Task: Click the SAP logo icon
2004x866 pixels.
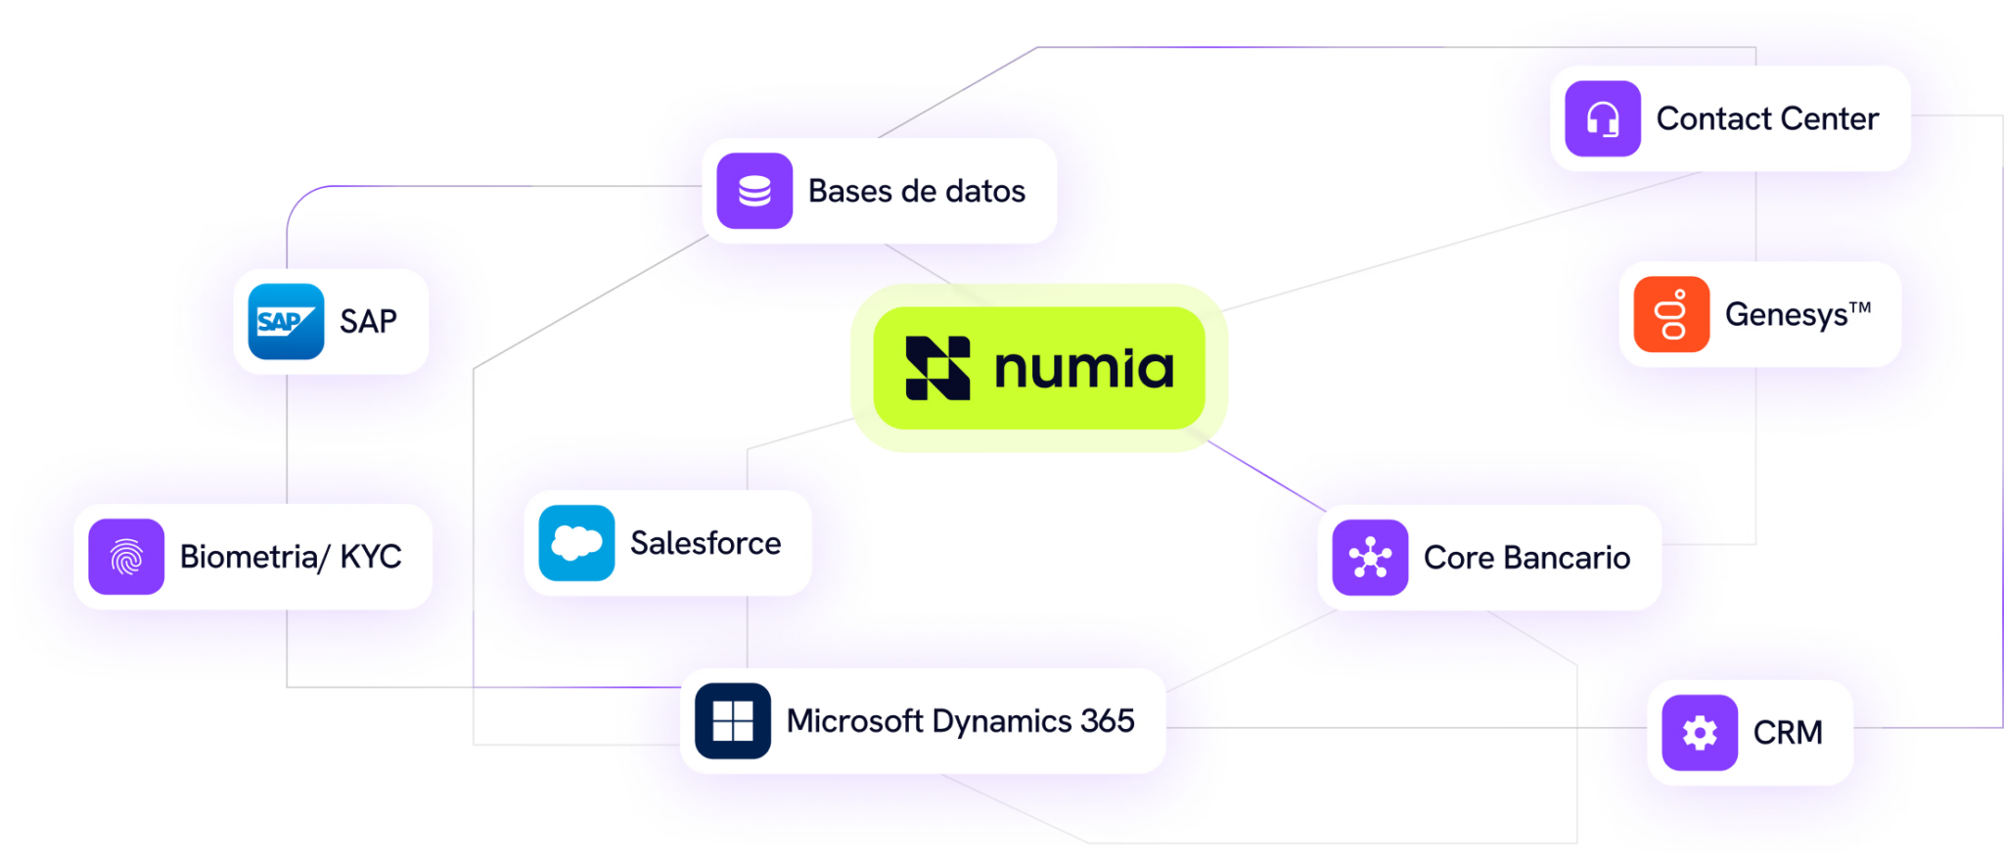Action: (x=286, y=322)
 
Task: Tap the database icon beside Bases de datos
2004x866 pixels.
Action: (x=754, y=191)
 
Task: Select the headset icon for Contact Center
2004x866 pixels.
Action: (x=1603, y=119)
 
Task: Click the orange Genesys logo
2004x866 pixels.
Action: (x=1671, y=314)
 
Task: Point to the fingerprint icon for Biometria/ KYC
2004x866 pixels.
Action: (x=126, y=557)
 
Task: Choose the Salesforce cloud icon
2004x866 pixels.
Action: (x=576, y=543)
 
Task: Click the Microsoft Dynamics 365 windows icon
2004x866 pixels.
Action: (x=733, y=721)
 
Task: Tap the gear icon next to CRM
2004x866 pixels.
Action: (x=1700, y=733)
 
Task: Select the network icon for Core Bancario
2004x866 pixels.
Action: (x=1370, y=558)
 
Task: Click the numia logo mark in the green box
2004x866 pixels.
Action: (x=937, y=368)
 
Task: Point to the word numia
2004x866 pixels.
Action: (x=1084, y=369)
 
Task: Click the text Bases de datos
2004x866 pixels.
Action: (x=917, y=191)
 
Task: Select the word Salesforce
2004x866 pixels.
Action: (x=706, y=543)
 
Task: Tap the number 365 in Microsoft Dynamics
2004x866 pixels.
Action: (x=1108, y=721)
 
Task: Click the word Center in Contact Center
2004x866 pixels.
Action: (x=1831, y=119)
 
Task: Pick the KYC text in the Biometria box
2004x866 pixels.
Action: (x=371, y=557)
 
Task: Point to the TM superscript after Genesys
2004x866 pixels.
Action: (x=1860, y=307)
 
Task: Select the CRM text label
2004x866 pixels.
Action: (x=1788, y=733)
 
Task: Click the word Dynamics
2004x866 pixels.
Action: (x=1002, y=722)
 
